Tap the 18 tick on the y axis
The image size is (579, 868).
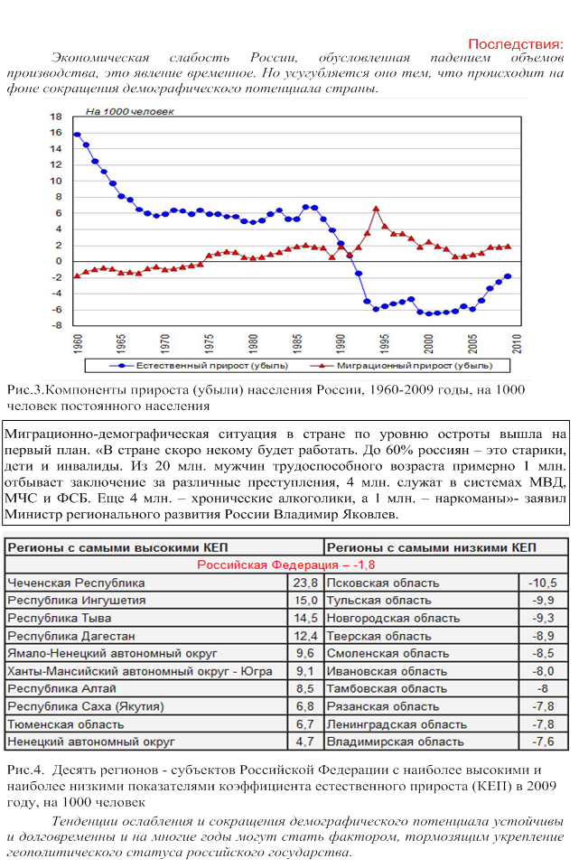[x=55, y=117]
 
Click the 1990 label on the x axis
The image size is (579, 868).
[x=341, y=344]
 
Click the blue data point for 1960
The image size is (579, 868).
[x=77, y=135]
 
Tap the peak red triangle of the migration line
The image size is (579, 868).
[x=376, y=210]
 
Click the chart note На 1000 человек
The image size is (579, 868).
[x=129, y=112]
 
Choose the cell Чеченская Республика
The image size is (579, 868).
[x=76, y=583]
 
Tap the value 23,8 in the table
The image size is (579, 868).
[x=305, y=583]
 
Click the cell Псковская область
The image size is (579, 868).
[x=383, y=583]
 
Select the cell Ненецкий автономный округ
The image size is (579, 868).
[x=90, y=742]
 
